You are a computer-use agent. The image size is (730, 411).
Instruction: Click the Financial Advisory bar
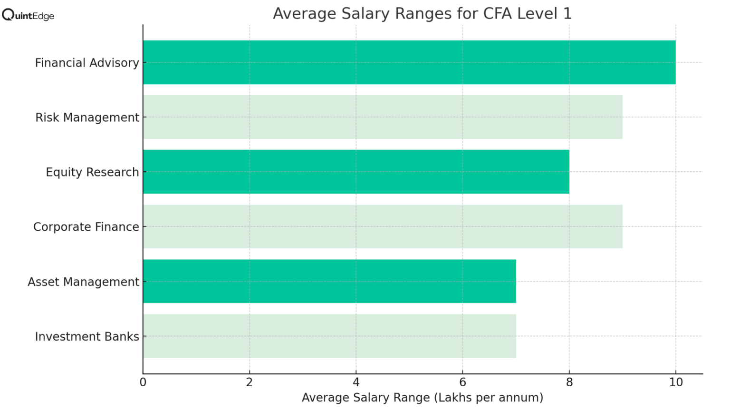tap(409, 62)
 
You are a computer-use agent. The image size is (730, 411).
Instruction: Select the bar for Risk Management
tap(383, 117)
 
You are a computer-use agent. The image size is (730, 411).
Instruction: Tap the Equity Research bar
tap(356, 172)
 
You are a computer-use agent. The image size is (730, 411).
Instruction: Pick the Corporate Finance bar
tap(383, 226)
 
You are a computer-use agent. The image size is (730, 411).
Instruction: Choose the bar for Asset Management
tap(329, 281)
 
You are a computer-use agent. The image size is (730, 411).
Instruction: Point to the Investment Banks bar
tap(329, 336)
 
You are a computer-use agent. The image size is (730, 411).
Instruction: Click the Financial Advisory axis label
tap(87, 63)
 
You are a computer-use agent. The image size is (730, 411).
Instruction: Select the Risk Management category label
tap(87, 117)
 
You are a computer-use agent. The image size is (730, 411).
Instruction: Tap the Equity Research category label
tap(92, 172)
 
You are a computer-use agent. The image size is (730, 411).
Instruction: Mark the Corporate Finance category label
tap(86, 227)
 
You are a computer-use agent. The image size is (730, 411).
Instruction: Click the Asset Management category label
tap(83, 282)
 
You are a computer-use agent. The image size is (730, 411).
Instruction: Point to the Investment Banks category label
tap(87, 336)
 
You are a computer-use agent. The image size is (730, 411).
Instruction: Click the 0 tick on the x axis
tap(143, 382)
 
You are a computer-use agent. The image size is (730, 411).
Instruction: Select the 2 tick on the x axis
tap(250, 382)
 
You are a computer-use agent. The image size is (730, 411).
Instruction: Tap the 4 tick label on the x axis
tap(356, 382)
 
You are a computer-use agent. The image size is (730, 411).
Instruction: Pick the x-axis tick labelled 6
tap(462, 382)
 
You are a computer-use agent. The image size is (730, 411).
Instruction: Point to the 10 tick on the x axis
tap(676, 382)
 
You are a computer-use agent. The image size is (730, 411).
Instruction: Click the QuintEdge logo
tap(28, 15)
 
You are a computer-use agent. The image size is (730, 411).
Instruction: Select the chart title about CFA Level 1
tap(422, 13)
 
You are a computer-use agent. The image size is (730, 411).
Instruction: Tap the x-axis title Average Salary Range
tap(422, 398)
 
